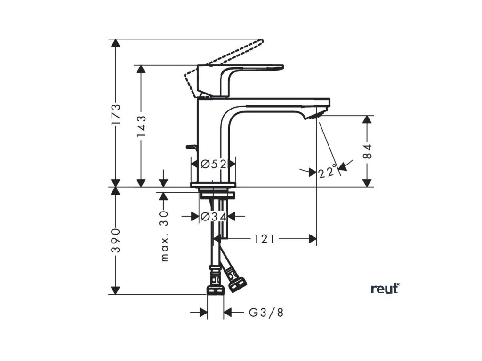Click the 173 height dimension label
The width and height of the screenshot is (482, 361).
click(116, 113)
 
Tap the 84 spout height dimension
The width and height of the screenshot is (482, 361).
click(368, 151)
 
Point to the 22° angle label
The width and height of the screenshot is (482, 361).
click(328, 172)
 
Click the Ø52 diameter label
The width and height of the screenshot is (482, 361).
click(213, 164)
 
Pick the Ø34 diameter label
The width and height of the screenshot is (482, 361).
click(213, 216)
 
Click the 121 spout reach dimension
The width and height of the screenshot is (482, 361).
click(264, 239)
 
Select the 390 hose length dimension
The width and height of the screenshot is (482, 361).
click(116, 241)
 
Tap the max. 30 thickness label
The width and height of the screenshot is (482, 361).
click(164, 235)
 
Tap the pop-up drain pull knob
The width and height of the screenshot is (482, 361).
click(190, 147)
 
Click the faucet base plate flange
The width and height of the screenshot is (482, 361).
click(213, 185)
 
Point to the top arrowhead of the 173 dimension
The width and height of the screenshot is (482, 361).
click(116, 43)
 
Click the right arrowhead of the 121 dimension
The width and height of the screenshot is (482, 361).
click(312, 239)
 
